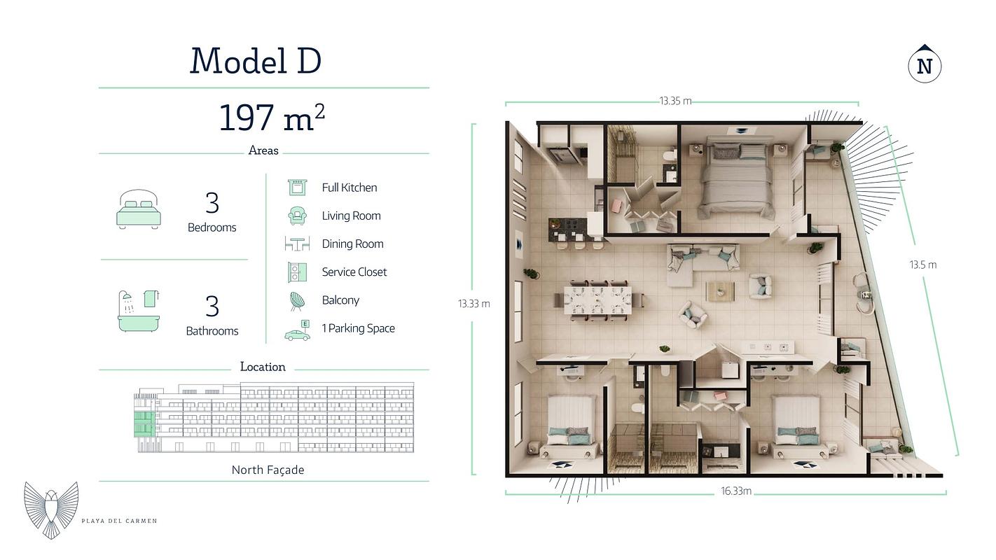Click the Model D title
[x=256, y=61]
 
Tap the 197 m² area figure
[x=272, y=117]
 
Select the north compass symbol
[x=925, y=66]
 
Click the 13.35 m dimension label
[x=675, y=101]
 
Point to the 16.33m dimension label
[x=736, y=491]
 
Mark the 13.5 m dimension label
[x=923, y=265]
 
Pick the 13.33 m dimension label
[x=474, y=304]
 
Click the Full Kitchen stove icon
[x=298, y=187]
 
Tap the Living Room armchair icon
[x=297, y=216]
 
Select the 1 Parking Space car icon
[x=297, y=330]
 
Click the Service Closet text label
[x=354, y=272]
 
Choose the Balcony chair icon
[x=297, y=301]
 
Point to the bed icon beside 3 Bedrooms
[x=139, y=209]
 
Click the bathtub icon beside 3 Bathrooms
[x=139, y=311]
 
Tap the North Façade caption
[x=268, y=470]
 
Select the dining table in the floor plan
[x=597, y=300]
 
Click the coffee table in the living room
[x=720, y=292]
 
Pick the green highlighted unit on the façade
[x=144, y=424]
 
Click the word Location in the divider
[x=263, y=367]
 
